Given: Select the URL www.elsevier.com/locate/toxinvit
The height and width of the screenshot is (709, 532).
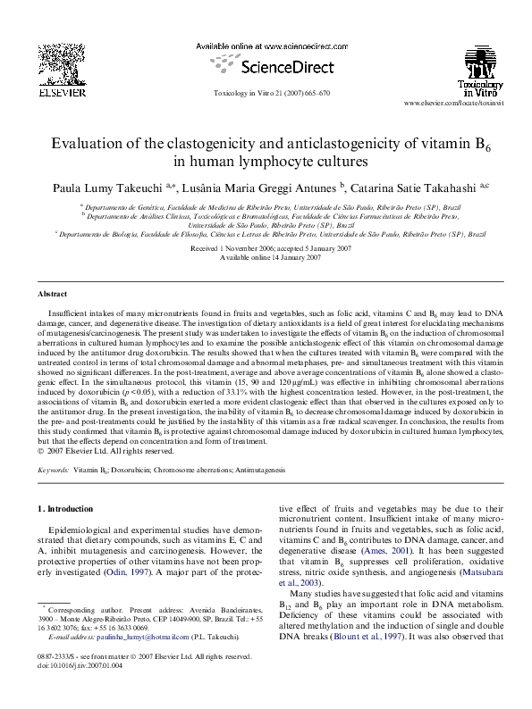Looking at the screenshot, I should coord(460,104).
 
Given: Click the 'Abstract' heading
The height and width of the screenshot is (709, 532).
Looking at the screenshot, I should coord(53,294).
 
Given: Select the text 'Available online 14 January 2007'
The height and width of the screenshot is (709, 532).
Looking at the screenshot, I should coord(266,256).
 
